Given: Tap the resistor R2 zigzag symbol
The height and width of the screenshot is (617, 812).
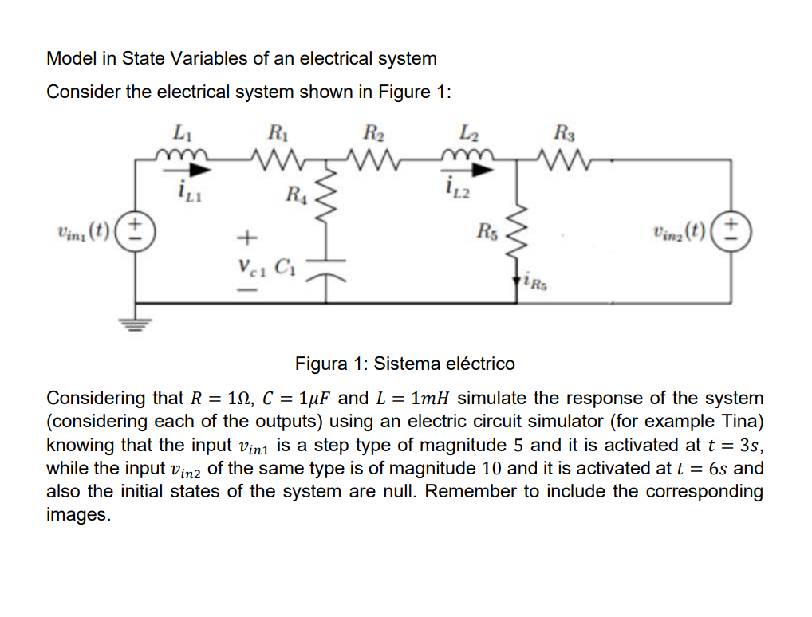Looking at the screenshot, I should (x=371, y=159).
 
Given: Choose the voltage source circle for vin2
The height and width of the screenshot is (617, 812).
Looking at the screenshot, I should (x=730, y=234).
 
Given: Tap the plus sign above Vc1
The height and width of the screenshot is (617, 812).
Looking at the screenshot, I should (x=247, y=238).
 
